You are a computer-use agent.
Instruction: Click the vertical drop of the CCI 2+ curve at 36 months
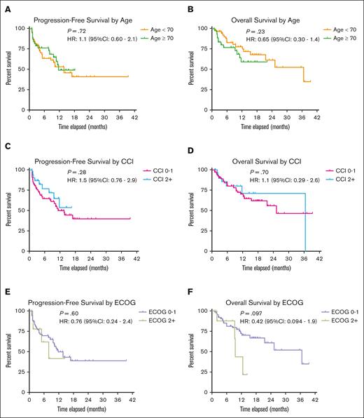304,217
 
